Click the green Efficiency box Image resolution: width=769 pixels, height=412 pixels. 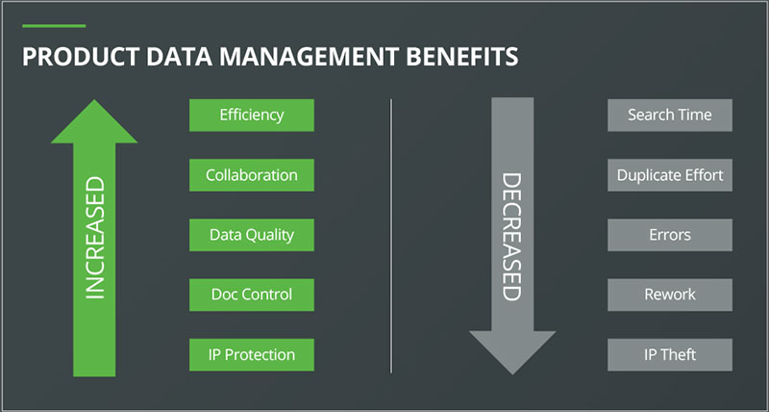click(251, 115)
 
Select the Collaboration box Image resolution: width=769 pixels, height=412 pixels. click(251, 174)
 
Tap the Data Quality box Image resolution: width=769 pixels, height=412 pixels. click(251, 234)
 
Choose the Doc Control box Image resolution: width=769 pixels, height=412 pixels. click(251, 294)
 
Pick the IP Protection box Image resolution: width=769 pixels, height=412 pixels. click(251, 353)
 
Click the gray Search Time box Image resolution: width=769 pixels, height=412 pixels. click(670, 115)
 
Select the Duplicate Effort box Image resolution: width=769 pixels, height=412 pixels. click(670, 175)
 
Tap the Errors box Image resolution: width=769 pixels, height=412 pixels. click(670, 234)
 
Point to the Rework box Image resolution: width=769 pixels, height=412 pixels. click(670, 295)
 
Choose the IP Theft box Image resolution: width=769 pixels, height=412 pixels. click(670, 354)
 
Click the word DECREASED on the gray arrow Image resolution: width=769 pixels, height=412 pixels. click(511, 236)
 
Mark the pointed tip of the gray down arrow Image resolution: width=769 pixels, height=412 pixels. click(511, 371)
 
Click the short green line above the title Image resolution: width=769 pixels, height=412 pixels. click(54, 26)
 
